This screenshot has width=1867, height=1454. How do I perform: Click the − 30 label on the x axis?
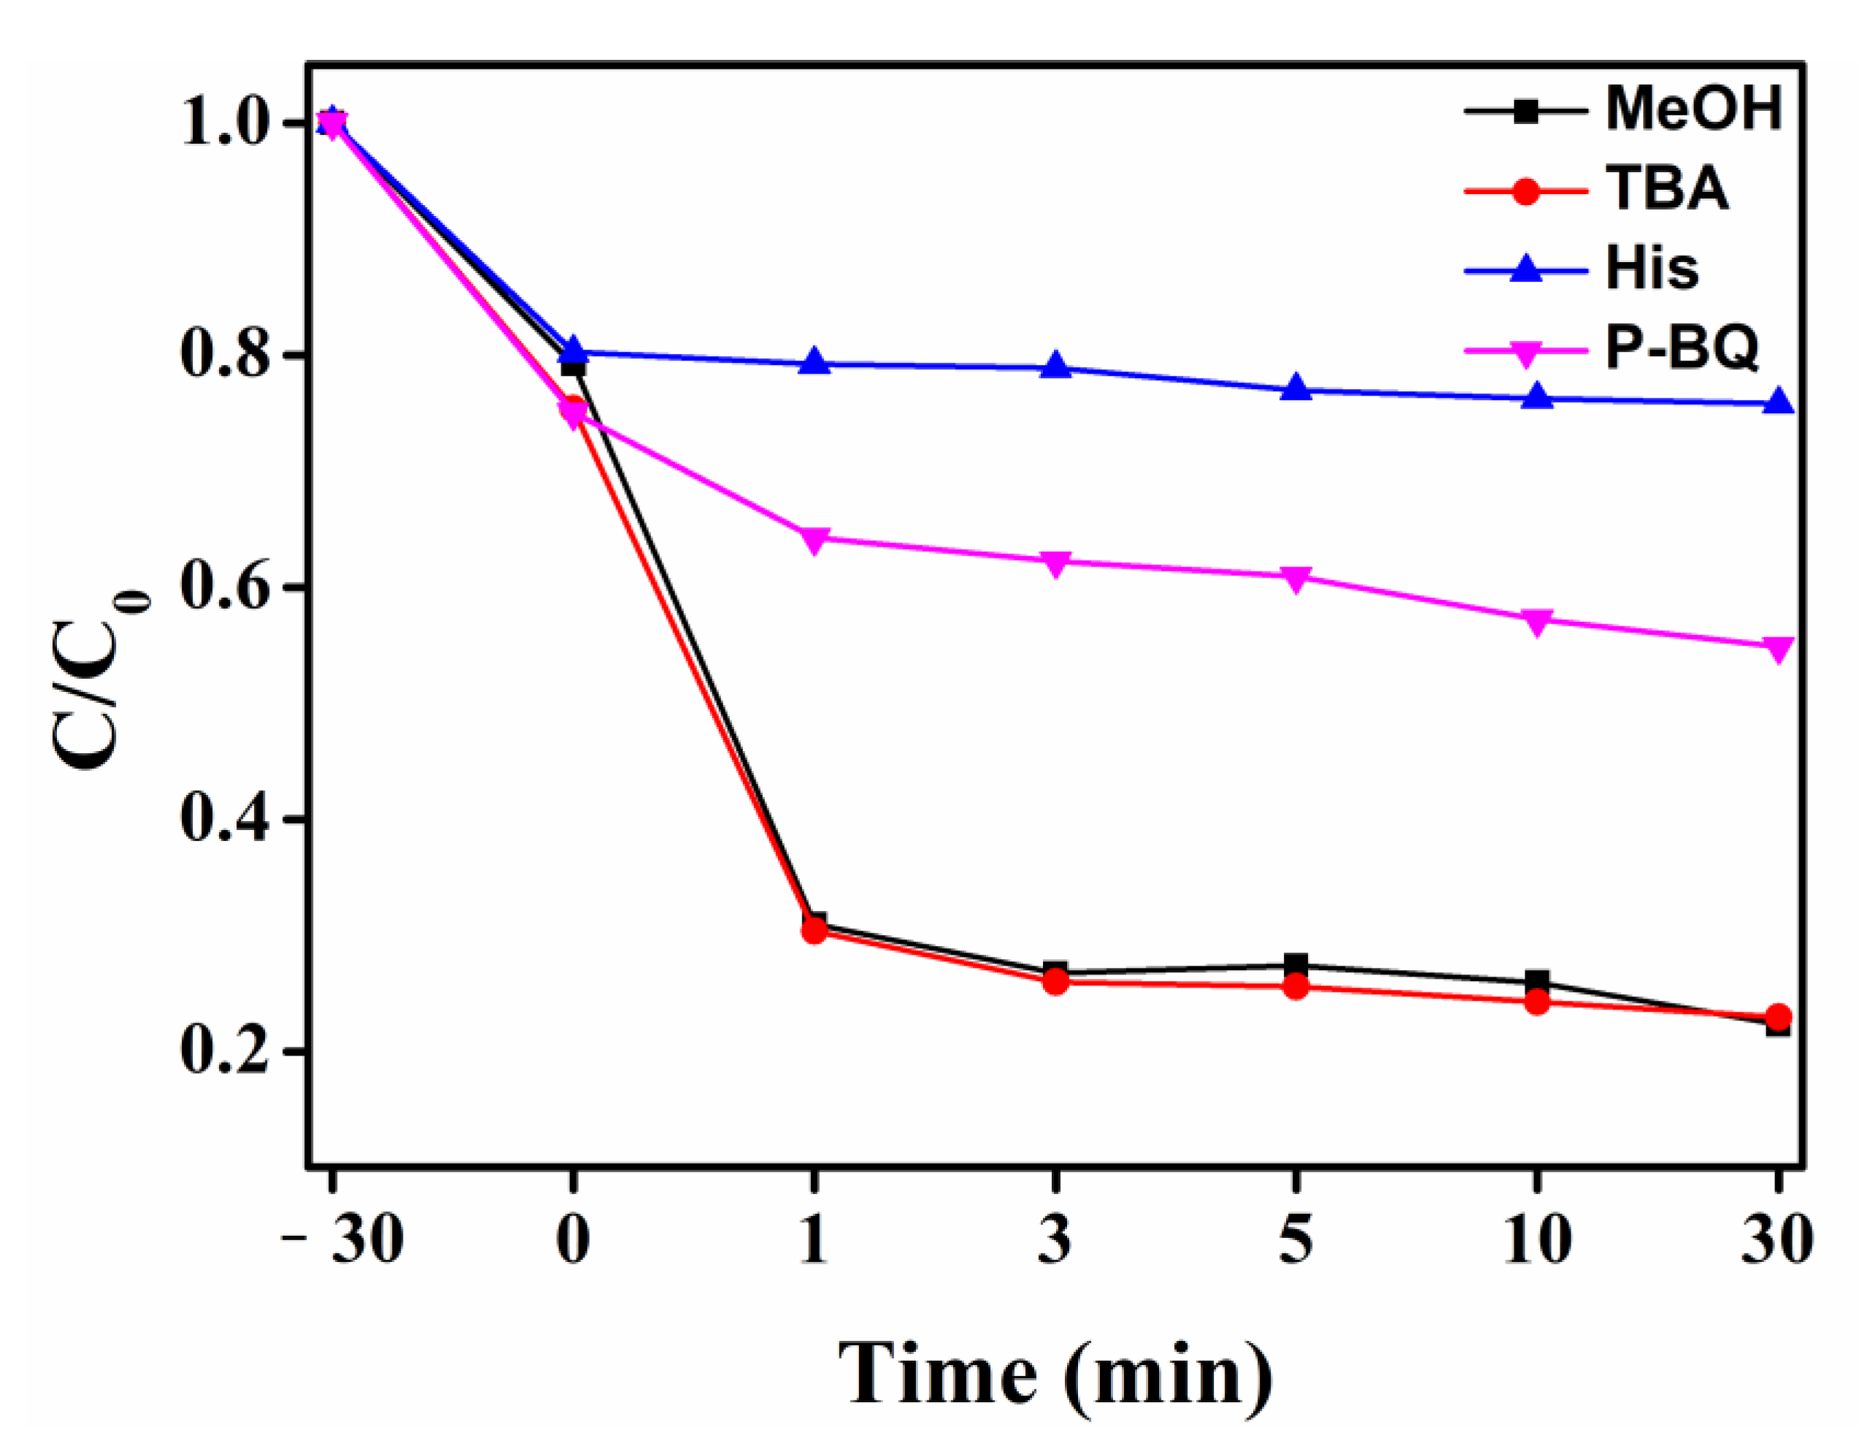[x=344, y=1241]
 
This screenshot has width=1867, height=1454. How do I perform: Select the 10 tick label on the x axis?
[x=1537, y=1241]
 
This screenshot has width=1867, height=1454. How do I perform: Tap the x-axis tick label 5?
[x=1296, y=1241]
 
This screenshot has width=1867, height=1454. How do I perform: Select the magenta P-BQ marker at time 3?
[x=1055, y=563]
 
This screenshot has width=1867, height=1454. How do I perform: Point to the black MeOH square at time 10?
[x=1537, y=981]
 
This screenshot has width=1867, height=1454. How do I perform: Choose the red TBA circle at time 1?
[x=815, y=931]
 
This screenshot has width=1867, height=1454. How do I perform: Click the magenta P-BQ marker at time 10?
[x=1537, y=621]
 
